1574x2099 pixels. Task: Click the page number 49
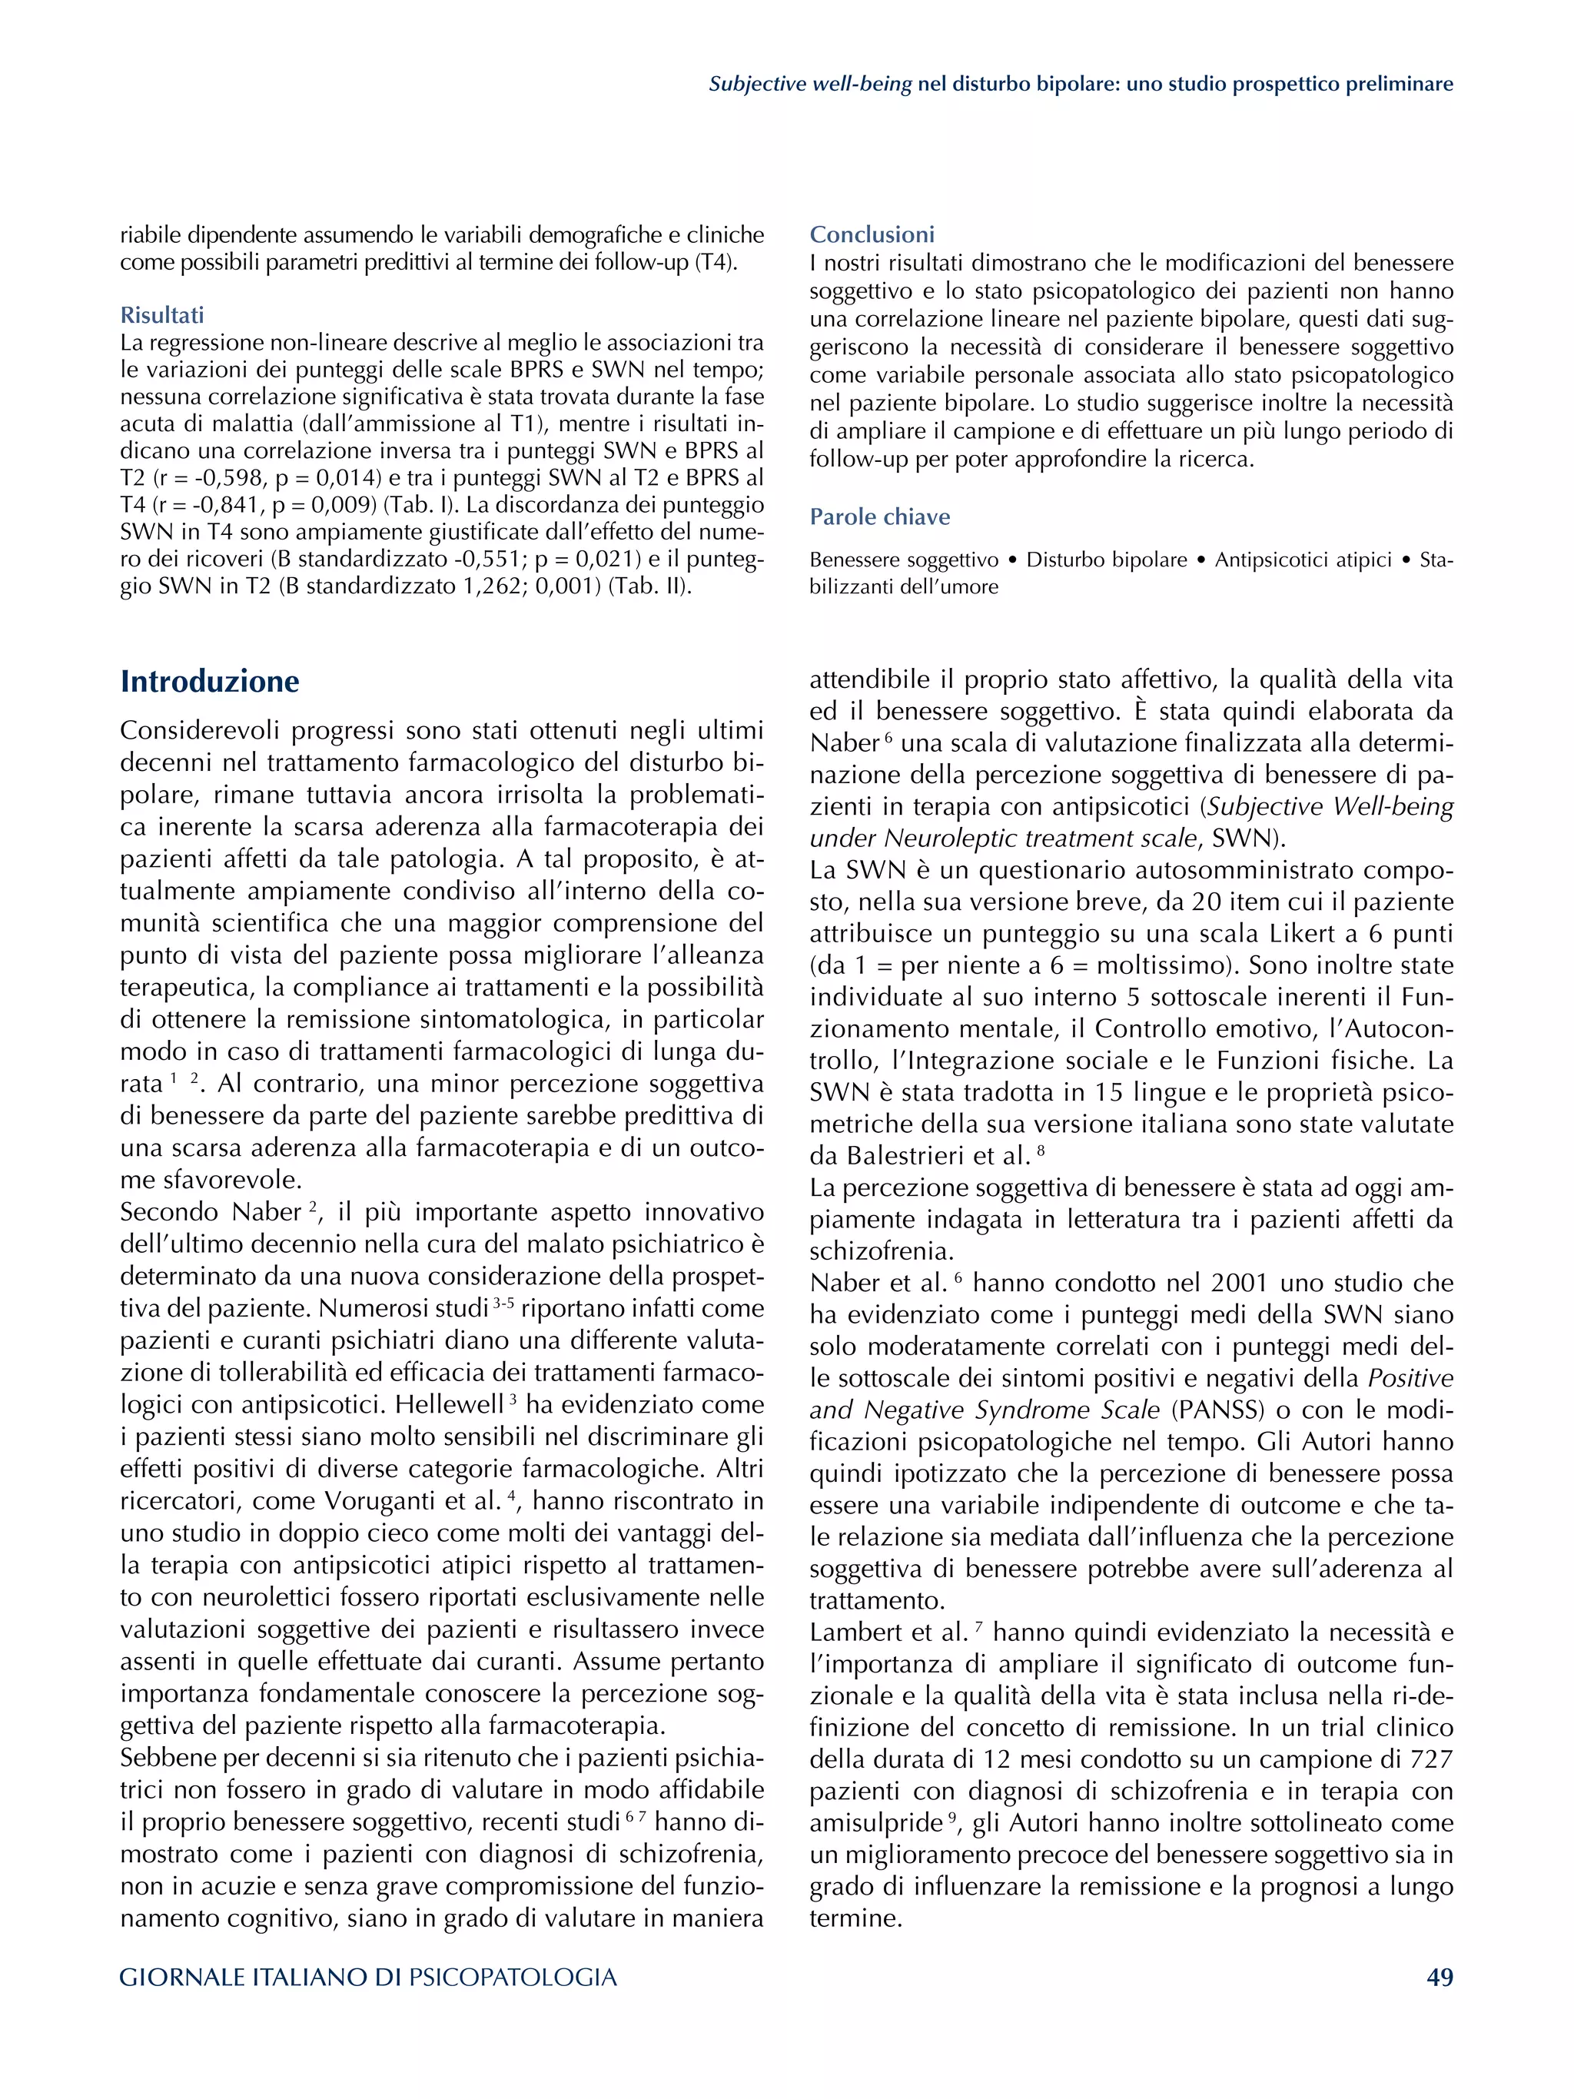click(1440, 1978)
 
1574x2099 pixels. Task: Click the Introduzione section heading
click(210, 681)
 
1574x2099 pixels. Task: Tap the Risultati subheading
click(161, 315)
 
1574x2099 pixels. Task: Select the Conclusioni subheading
click(872, 234)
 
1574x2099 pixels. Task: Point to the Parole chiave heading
click(879, 517)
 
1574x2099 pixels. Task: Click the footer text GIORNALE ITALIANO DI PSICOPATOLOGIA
click(368, 1978)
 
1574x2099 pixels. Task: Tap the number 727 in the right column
click(1431, 1759)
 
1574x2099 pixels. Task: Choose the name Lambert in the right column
click(851, 1632)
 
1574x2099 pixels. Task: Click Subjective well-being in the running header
click(810, 85)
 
